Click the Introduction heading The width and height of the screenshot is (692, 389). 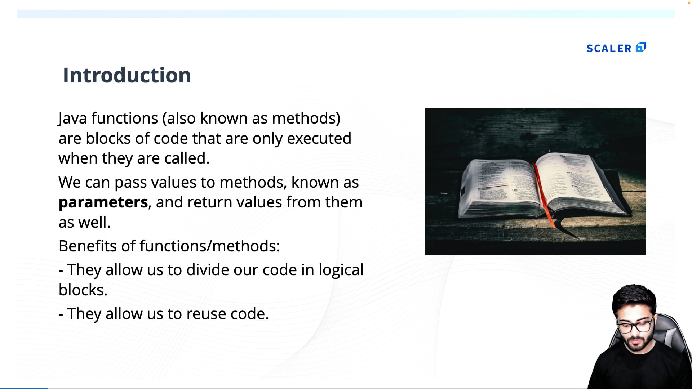[x=127, y=75]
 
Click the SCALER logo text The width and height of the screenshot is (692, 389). [x=609, y=49]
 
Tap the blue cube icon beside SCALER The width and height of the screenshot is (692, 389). [x=641, y=47]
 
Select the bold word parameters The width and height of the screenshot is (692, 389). [x=103, y=202]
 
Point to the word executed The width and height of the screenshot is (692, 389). [x=319, y=139]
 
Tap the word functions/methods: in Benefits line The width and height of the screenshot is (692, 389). [x=209, y=246]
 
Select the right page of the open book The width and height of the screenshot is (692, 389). [x=577, y=180]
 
